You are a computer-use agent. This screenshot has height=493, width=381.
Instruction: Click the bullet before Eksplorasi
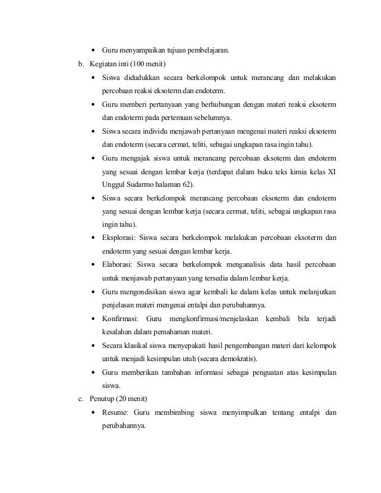pyautogui.click(x=94, y=238)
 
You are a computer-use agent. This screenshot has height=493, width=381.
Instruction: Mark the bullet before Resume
pyautogui.click(x=94, y=413)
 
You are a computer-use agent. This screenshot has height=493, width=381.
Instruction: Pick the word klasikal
pyautogui.click(x=138, y=346)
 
